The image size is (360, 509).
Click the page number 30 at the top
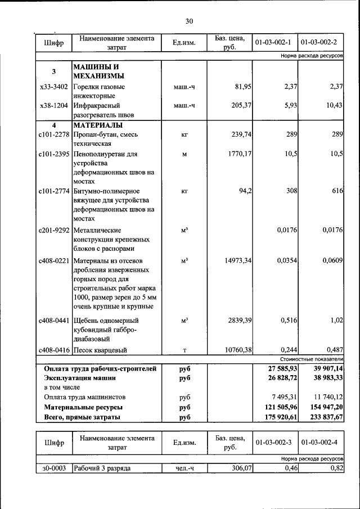pos(189,21)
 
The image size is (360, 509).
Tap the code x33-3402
pos(54,87)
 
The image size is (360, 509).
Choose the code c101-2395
pos(54,154)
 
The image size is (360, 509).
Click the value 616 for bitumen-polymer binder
pos(337,191)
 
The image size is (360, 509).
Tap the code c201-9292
pos(54,230)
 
